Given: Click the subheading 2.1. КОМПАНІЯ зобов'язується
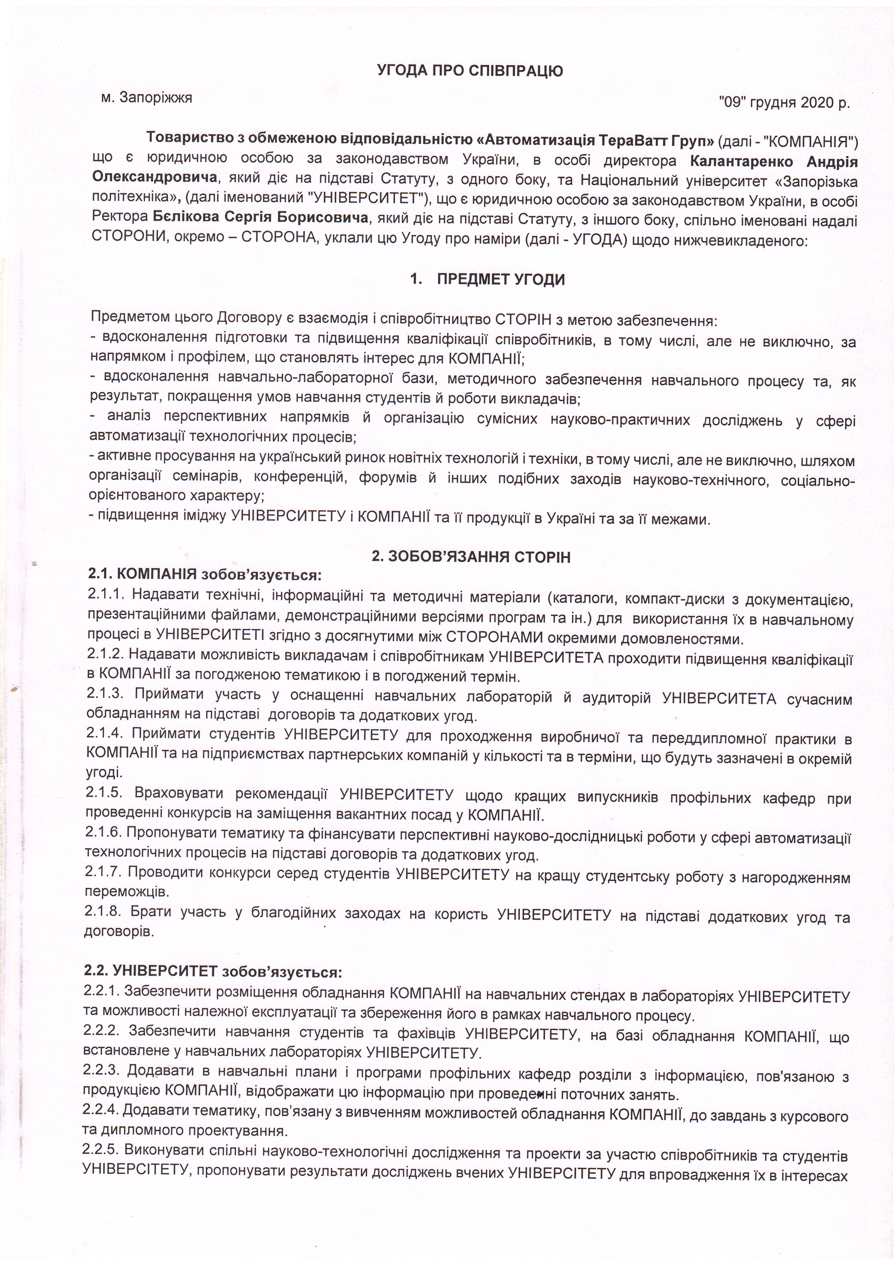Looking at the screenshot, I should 204,575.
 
